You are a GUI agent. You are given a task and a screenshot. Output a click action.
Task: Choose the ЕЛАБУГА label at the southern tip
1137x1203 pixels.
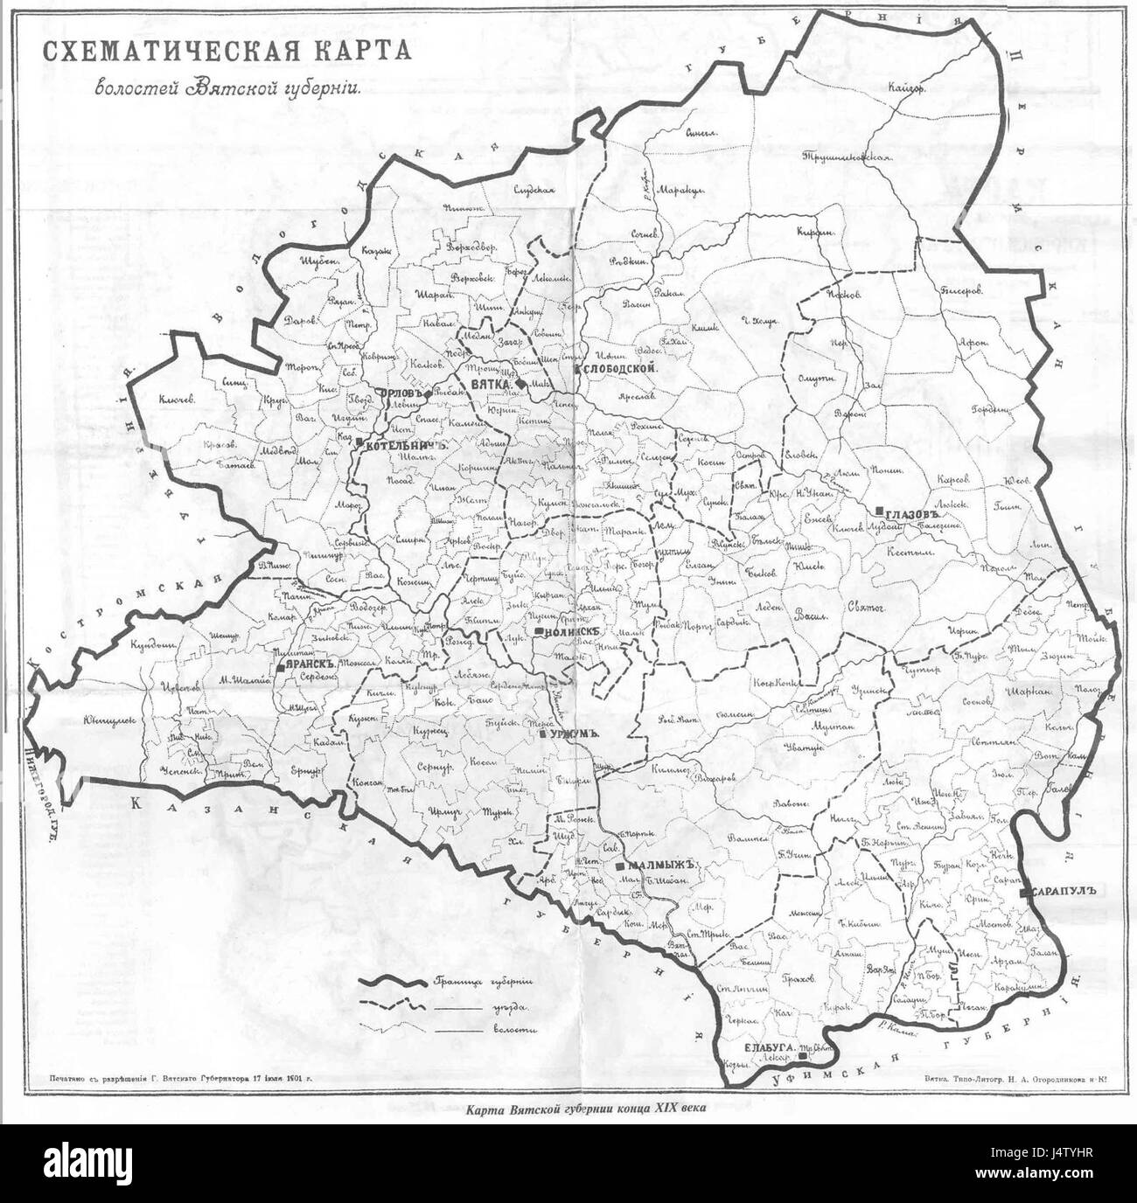coord(770,1047)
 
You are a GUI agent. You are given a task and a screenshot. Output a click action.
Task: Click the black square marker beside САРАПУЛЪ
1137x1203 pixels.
coord(1024,891)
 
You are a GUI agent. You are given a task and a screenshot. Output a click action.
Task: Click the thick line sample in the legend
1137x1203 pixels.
coord(389,983)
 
